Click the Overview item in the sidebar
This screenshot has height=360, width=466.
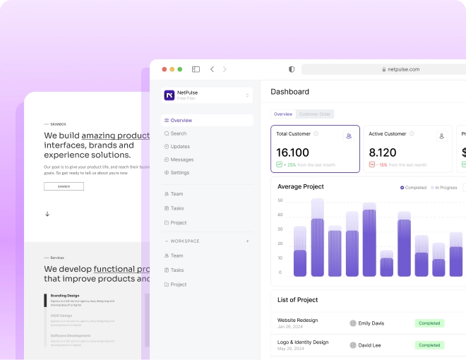pos(181,121)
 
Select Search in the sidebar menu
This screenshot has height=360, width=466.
pos(178,133)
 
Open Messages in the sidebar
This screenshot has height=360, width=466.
pos(181,160)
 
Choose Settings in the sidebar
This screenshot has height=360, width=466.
pos(179,172)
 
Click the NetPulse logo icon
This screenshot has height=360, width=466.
pos(169,95)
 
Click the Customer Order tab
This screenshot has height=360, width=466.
pos(315,114)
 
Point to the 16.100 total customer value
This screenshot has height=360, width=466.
pos(292,152)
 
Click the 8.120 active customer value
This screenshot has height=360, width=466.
pos(383,152)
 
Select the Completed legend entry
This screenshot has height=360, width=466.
pos(415,188)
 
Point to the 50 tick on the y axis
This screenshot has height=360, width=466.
pos(280,200)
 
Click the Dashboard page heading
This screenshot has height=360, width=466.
pos(289,92)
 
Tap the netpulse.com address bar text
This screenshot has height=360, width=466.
pos(403,69)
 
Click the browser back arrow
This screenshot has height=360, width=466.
pos(212,69)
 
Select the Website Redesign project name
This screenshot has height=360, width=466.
pos(297,320)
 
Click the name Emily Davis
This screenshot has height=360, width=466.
pos(371,323)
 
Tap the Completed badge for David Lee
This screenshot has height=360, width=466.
pos(429,345)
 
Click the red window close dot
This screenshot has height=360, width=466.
pos(165,69)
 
